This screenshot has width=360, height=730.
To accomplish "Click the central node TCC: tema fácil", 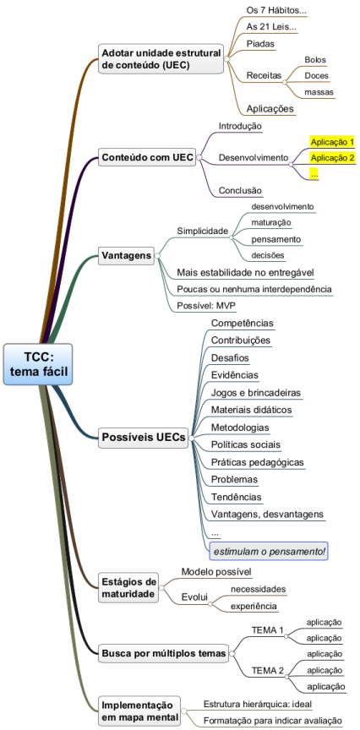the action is click(x=38, y=364).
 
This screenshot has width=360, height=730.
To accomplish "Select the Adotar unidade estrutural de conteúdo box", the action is click(x=161, y=58).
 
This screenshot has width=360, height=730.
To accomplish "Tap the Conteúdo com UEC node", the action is click(x=147, y=157).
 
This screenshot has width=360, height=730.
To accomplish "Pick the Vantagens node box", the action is click(x=126, y=256).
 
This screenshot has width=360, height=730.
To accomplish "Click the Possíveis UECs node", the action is click(x=144, y=438).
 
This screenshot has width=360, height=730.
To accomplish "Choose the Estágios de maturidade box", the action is click(x=128, y=588).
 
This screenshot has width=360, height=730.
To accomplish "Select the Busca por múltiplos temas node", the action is click(x=164, y=654).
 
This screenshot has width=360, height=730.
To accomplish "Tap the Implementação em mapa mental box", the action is click(x=139, y=711).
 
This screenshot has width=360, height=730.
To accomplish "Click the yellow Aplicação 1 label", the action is click(x=332, y=142).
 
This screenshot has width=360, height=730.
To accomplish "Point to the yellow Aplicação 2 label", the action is click(x=332, y=158).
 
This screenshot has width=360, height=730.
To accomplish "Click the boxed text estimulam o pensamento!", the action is click(x=270, y=552).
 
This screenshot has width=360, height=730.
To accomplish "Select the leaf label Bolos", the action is click(x=315, y=60).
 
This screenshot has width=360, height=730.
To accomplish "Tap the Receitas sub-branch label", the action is click(x=264, y=75).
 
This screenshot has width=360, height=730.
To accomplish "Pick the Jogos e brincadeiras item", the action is click(x=256, y=393).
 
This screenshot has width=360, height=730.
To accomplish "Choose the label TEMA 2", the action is click(x=267, y=671).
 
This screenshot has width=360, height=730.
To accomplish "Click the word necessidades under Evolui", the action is click(x=258, y=590).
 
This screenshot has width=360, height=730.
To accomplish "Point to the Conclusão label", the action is click(x=240, y=190).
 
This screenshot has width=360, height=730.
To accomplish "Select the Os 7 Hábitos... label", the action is click(x=276, y=10).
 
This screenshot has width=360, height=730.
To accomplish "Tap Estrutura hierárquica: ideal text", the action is click(x=258, y=704).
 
